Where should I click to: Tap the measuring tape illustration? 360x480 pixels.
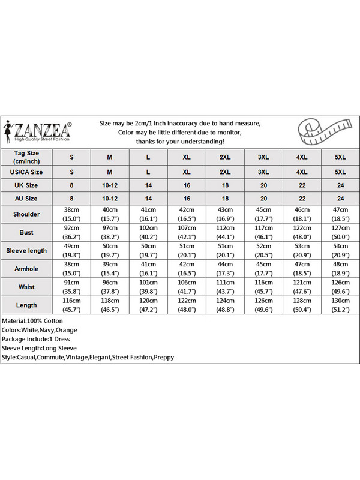click(x=322, y=132)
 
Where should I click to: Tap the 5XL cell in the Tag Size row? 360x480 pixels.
click(x=341, y=157)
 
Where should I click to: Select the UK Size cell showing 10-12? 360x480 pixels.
click(x=110, y=185)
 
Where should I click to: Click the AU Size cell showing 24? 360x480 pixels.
click(x=341, y=198)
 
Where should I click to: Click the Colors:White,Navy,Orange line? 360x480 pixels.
click(x=39, y=330)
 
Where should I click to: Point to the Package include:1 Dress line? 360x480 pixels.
click(x=36, y=339)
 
